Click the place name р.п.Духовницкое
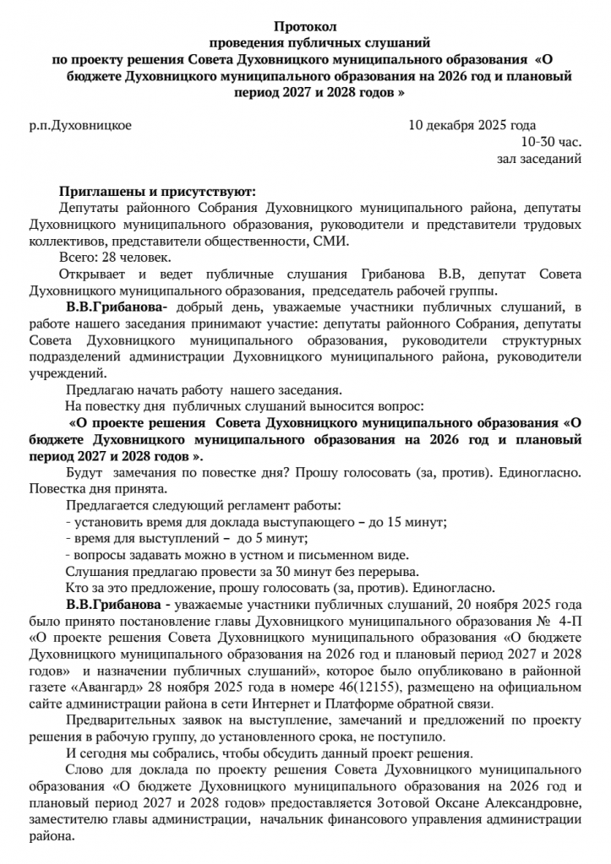pyautogui.click(x=80, y=126)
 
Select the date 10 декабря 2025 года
pyautogui.click(x=472, y=126)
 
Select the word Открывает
pyautogui.click(x=95, y=274)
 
